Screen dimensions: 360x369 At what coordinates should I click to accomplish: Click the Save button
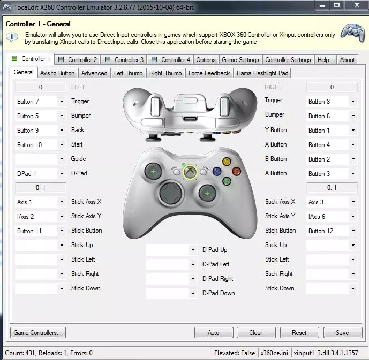coord(342,332)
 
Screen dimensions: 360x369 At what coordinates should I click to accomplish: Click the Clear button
coord(256,332)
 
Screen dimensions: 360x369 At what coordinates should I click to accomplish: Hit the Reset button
coord(299,332)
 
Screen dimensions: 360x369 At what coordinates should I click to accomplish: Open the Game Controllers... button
coord(37,332)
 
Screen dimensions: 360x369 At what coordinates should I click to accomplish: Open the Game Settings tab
coord(240,60)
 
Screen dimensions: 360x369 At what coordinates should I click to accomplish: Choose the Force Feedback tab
coord(209,73)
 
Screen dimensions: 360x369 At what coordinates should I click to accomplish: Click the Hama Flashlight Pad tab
coord(262,73)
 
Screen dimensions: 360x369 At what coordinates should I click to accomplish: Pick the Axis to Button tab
coord(57,73)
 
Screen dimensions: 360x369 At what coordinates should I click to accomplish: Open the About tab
coord(347,60)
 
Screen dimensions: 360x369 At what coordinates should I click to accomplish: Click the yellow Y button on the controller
coord(227,161)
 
